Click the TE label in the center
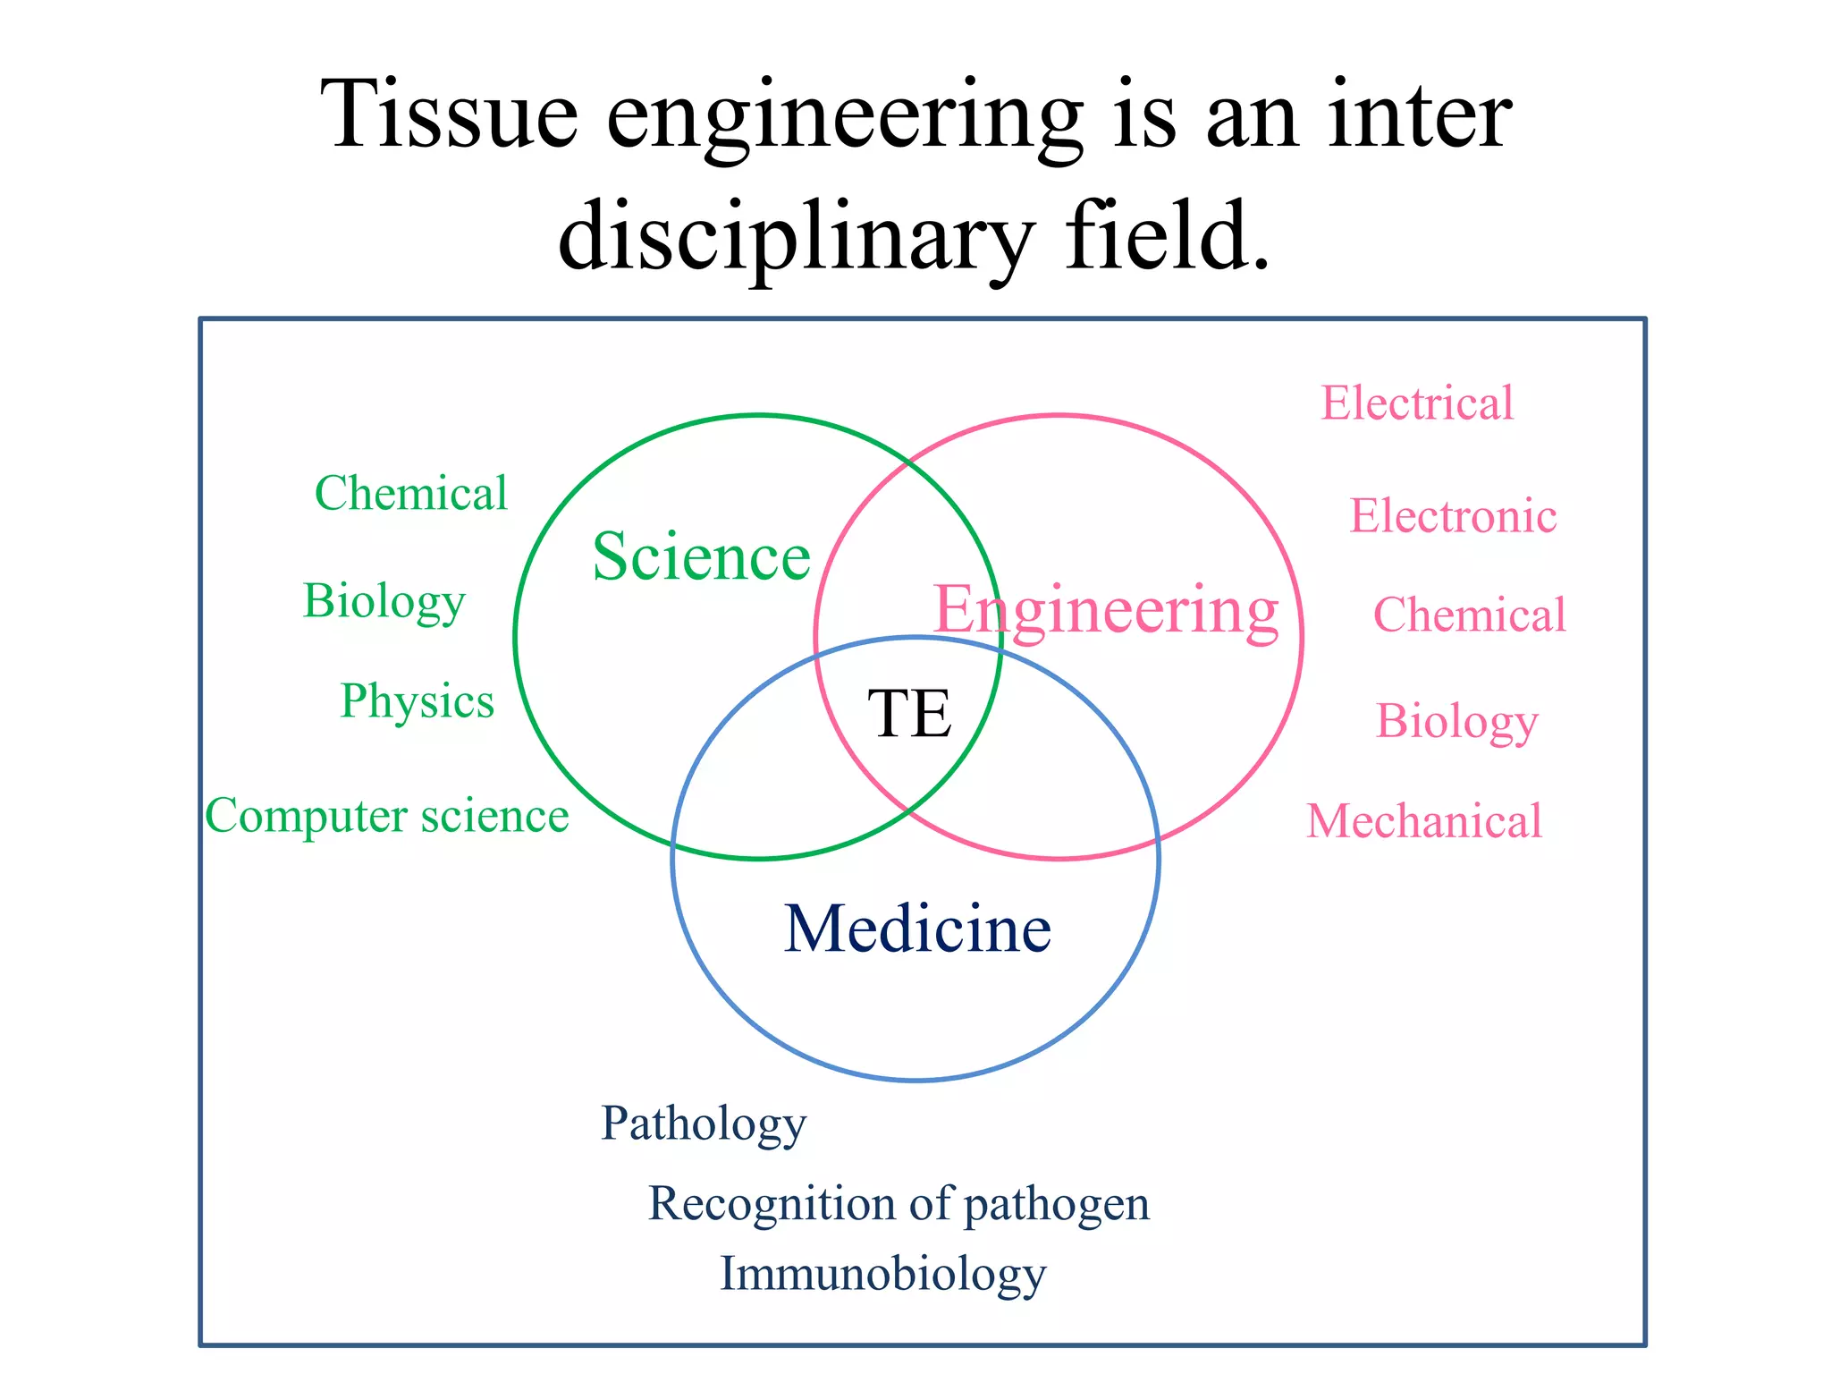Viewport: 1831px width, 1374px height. (909, 714)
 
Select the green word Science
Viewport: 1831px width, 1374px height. (701, 556)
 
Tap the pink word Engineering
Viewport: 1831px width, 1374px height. (1106, 610)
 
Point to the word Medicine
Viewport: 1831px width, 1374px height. (917, 929)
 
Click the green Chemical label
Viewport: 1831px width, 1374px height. (410, 493)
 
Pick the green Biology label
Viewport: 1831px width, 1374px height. (384, 601)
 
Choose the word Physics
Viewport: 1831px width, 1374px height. (417, 701)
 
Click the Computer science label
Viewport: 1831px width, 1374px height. (386, 816)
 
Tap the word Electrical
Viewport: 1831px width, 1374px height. (1417, 403)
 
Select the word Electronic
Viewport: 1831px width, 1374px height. (1453, 516)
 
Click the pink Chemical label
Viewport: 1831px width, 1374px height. (1469, 615)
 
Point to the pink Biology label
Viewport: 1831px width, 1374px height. (1456, 721)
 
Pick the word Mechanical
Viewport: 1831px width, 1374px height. (1424, 821)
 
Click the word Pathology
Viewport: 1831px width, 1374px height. (703, 1124)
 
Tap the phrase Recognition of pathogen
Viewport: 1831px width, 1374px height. (899, 1203)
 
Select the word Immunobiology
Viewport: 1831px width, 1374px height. (882, 1274)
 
